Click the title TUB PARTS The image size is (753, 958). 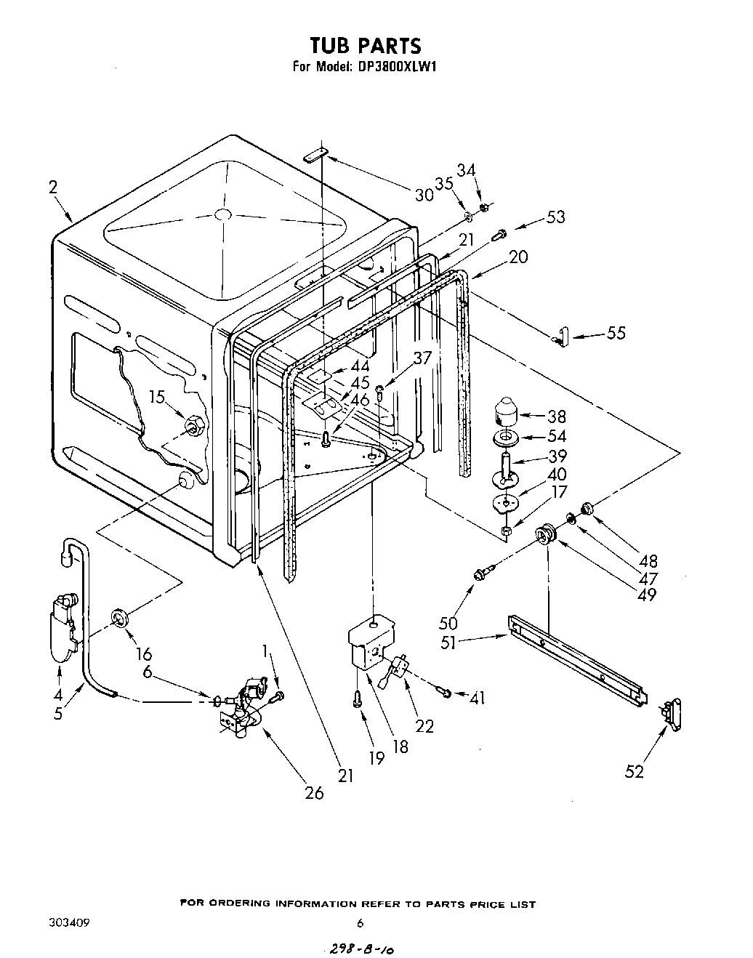coord(365,46)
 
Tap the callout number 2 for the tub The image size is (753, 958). coord(52,188)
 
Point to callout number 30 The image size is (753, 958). coord(424,195)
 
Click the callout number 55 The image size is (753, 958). coord(616,334)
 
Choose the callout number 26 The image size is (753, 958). coord(314,792)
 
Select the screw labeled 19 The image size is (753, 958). coord(357,700)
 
